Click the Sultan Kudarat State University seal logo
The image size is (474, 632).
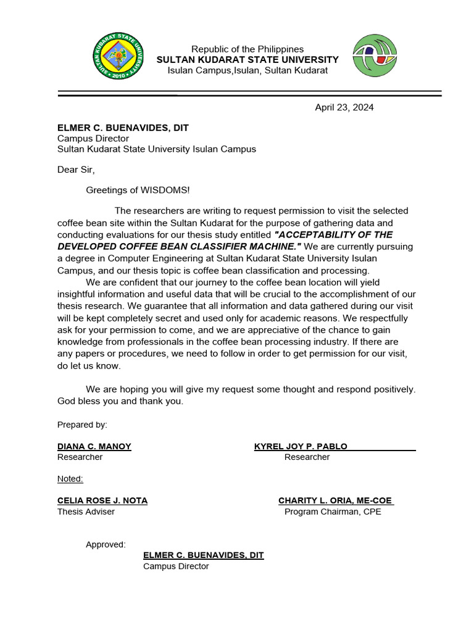point(118,57)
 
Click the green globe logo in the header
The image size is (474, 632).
point(375,56)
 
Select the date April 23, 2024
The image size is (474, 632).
point(344,107)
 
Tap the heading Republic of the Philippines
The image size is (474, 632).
point(247,49)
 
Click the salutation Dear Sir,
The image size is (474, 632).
point(76,170)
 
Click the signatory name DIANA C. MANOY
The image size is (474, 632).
point(94,446)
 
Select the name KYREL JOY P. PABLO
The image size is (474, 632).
point(301,446)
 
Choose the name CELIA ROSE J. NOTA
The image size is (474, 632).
point(102,501)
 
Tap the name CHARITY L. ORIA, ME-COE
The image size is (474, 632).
point(335,501)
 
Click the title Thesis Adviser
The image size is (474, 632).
point(86,512)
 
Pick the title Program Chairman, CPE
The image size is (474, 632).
point(333,512)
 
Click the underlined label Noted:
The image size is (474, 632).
point(70,479)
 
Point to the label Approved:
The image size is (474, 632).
point(106,544)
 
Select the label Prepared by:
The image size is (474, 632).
point(82,425)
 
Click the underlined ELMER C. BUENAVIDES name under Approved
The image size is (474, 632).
point(203,555)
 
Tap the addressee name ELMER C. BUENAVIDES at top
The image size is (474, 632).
point(123,128)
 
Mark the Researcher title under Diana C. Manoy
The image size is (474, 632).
point(80,457)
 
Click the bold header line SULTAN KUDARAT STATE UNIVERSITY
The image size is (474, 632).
point(247,60)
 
